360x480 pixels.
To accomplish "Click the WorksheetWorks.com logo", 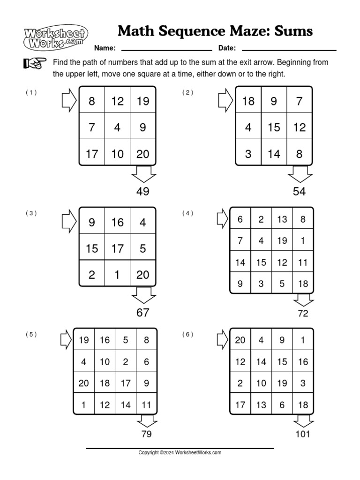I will pyautogui.click(x=55, y=37).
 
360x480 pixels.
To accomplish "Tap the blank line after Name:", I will pyautogui.click(x=166, y=49).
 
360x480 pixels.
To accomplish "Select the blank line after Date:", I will pyautogui.click(x=289, y=49).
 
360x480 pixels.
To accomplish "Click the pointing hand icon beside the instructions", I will pyautogui.click(x=35, y=63).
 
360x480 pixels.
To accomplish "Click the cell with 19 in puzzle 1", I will pyautogui.click(x=143, y=101).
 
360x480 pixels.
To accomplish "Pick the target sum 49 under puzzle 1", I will pyautogui.click(x=142, y=191).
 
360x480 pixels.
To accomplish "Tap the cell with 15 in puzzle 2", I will pyautogui.click(x=274, y=127).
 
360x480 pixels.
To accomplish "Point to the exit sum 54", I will pyautogui.click(x=299, y=191).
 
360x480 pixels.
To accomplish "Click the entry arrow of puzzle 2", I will pyautogui.click(x=225, y=101).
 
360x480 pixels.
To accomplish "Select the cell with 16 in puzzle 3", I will pyautogui.click(x=117, y=222).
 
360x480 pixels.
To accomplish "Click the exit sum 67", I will pyautogui.click(x=142, y=313).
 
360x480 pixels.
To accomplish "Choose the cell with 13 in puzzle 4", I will pyautogui.click(x=282, y=219).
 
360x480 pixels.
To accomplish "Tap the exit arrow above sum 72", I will pyautogui.click(x=303, y=300).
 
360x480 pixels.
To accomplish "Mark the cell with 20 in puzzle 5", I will pyautogui.click(x=84, y=383).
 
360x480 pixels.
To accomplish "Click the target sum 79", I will pyautogui.click(x=146, y=434).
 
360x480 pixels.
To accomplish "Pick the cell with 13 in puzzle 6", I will pyautogui.click(x=261, y=405).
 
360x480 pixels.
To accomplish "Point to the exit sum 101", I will pyautogui.click(x=303, y=434).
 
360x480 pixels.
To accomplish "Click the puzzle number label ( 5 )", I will pyautogui.click(x=31, y=334).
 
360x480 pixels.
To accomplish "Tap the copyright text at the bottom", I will pyautogui.click(x=180, y=453).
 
